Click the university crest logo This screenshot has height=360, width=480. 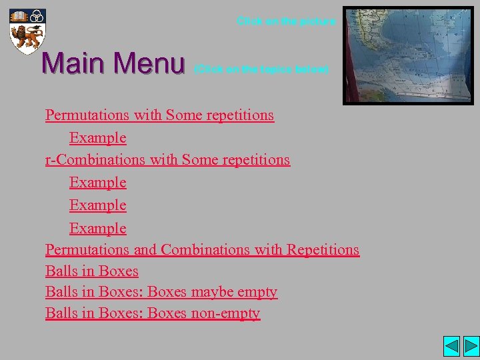pyautogui.click(x=27, y=31)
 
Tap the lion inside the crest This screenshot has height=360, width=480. pyautogui.click(x=27, y=35)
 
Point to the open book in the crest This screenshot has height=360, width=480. pyautogui.click(x=19, y=15)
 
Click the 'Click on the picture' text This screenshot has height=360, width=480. pyautogui.click(x=287, y=21)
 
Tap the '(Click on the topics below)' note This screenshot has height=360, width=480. pyautogui.click(x=261, y=69)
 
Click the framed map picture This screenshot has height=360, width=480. pyautogui.click(x=407, y=56)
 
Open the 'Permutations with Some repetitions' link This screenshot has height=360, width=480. pyautogui.click(x=159, y=115)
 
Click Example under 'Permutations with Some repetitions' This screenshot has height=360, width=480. pyautogui.click(x=97, y=138)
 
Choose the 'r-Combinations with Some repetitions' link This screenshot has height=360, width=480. pyautogui.click(x=167, y=159)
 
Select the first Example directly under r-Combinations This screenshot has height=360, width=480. pyautogui.click(x=97, y=182)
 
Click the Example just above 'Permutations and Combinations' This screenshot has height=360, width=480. pyautogui.click(x=97, y=228)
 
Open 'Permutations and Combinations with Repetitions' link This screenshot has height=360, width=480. pyautogui.click(x=202, y=249)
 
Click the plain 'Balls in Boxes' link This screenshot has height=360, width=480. pyautogui.click(x=91, y=271)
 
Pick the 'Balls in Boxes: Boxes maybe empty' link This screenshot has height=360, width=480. pyautogui.click(x=161, y=292)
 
